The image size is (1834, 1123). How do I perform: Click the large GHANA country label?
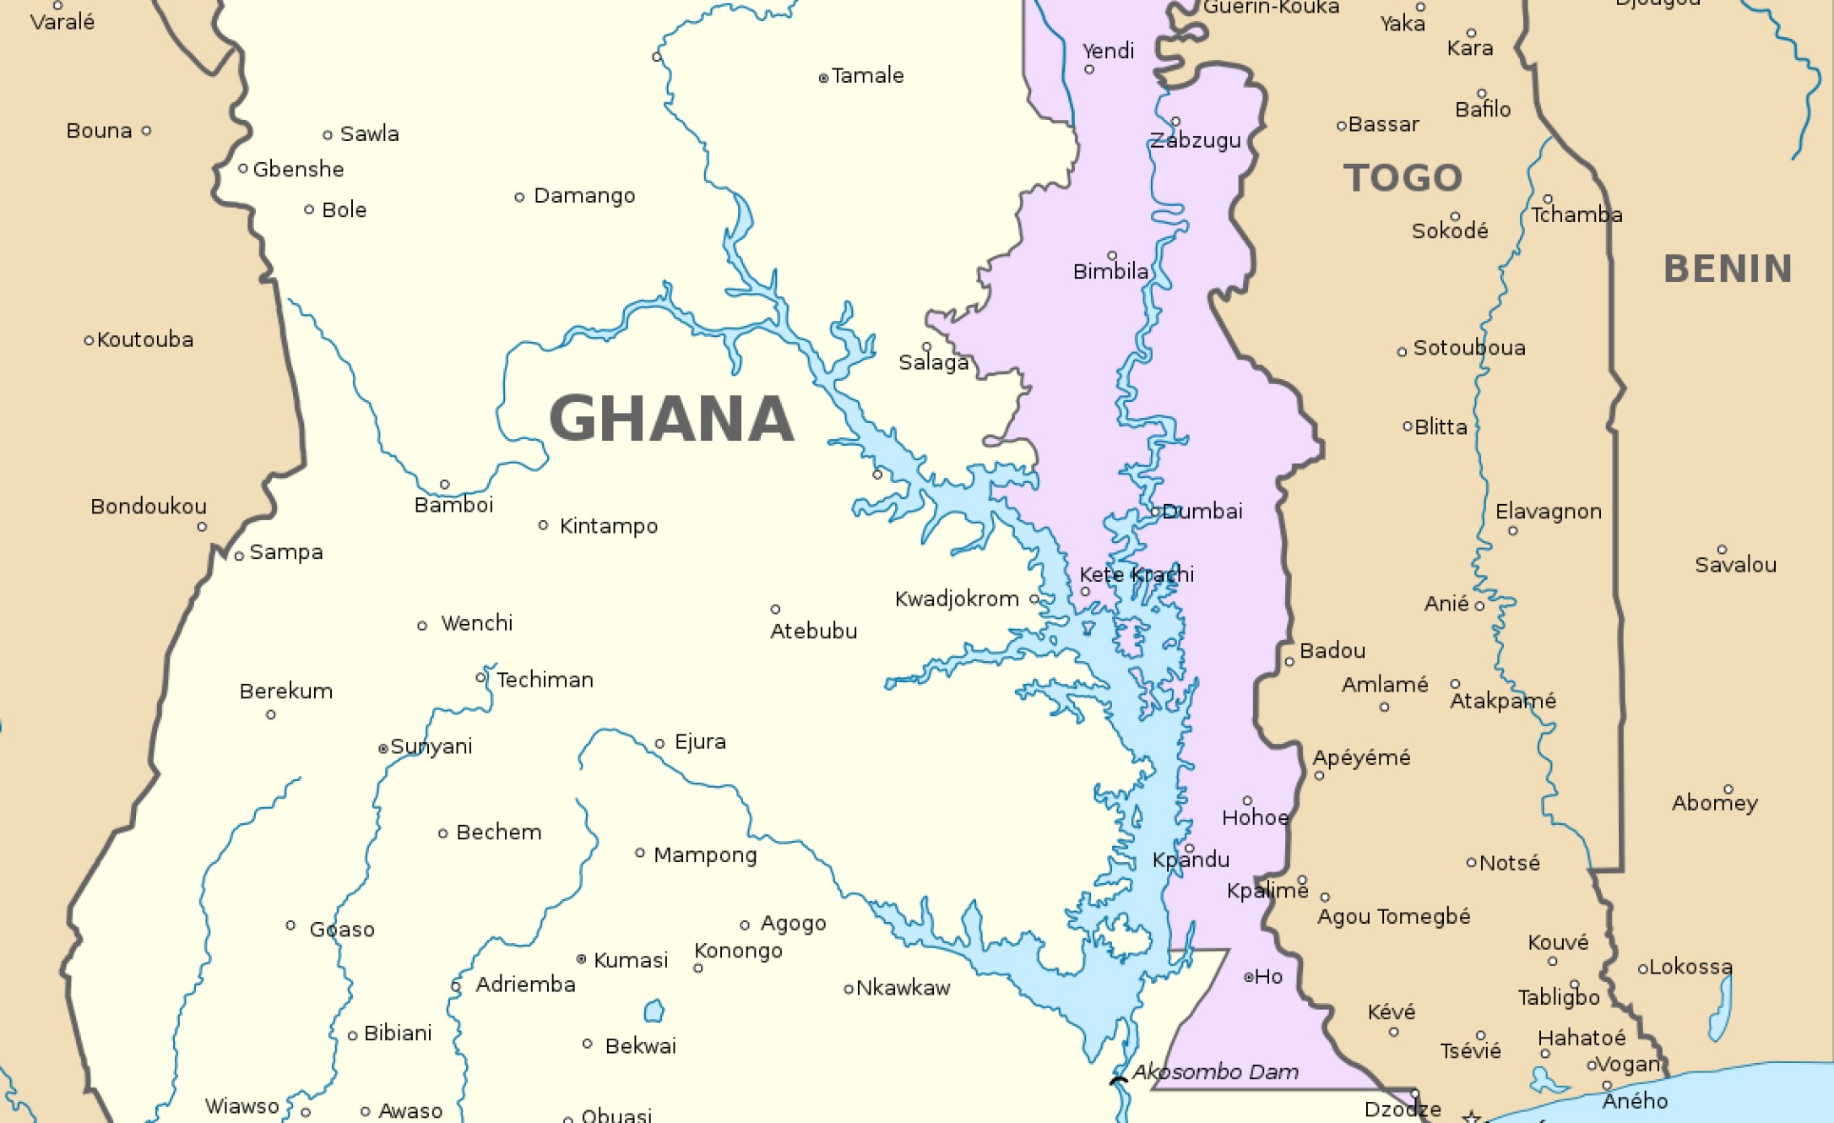tap(671, 419)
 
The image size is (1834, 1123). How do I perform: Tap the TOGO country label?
tap(1403, 178)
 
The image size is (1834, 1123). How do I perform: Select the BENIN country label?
tap(1728, 269)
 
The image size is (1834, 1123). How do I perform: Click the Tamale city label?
tap(867, 76)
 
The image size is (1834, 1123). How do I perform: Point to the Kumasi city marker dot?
tap(581, 958)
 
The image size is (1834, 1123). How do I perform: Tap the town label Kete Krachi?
tap(1137, 575)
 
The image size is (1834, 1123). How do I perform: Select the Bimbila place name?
tap(1110, 272)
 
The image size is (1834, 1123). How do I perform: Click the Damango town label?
tap(584, 196)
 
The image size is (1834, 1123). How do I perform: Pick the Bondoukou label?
tap(149, 507)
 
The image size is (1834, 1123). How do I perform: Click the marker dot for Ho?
tap(1249, 977)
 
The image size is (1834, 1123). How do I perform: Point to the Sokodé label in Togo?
tap(1450, 231)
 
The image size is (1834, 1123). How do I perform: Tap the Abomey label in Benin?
tap(1715, 803)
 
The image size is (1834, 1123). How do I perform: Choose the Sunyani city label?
tap(431, 747)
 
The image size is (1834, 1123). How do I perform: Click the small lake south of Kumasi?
tap(654, 1011)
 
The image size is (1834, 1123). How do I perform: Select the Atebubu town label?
tap(813, 632)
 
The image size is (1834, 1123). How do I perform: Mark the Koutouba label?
tap(145, 340)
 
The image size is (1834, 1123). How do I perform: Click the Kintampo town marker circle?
tap(543, 525)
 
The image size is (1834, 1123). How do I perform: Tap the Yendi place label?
tap(1108, 52)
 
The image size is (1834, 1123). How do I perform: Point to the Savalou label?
tap(1735, 566)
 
